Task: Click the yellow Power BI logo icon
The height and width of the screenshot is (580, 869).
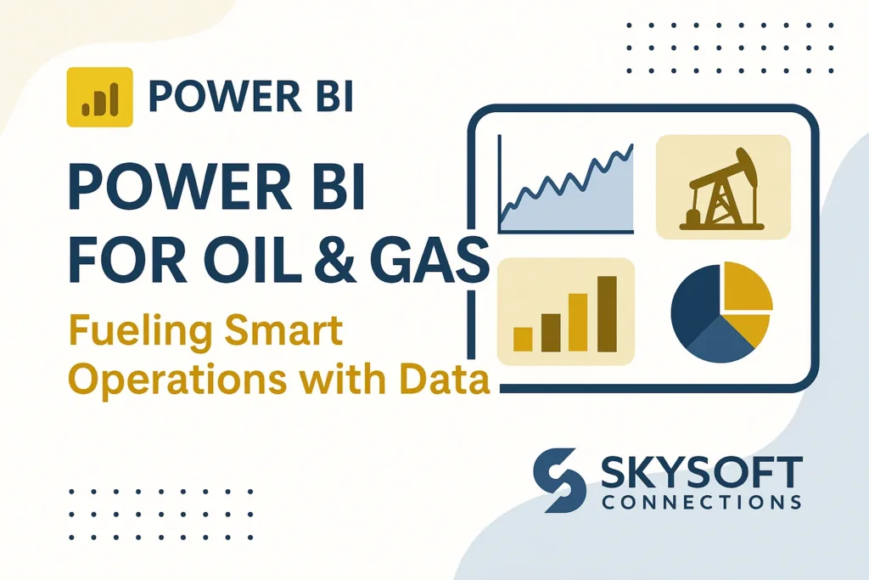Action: pos(100,97)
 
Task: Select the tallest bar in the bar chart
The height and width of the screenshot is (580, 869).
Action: pos(607,314)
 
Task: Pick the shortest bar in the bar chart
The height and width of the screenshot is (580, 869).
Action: pos(523,340)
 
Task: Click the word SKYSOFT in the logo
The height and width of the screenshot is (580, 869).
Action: pos(702,473)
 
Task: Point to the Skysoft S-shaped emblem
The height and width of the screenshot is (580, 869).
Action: pos(559,480)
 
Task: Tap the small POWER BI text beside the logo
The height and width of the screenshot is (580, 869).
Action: pos(251,97)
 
